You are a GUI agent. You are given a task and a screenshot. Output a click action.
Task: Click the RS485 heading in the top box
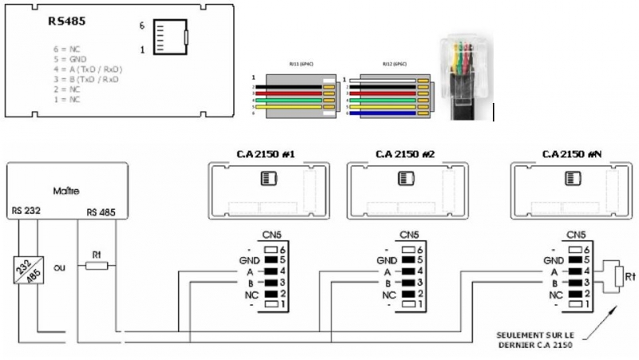click(x=66, y=22)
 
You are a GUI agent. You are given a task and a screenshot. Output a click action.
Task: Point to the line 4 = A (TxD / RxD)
click(x=86, y=69)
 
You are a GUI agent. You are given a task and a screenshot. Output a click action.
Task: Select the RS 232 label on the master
click(x=28, y=212)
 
